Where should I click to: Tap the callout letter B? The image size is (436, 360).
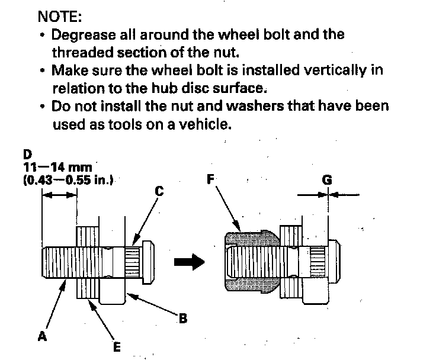click(183, 319)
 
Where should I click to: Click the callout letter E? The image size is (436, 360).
click(117, 347)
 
